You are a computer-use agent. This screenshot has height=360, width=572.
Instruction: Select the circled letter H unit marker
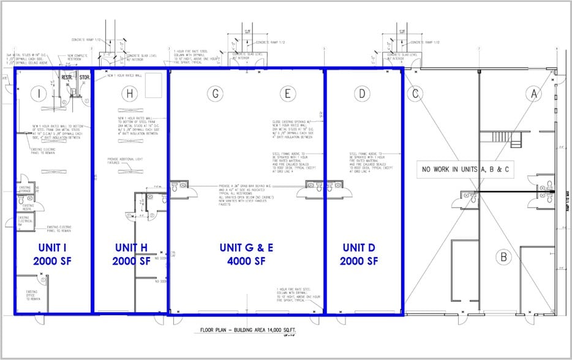coord(128,94)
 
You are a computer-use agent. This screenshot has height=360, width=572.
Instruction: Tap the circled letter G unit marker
coord(214,94)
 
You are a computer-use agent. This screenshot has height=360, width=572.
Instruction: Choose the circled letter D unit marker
coord(363,94)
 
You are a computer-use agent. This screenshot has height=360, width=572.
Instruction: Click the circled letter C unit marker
coord(416,94)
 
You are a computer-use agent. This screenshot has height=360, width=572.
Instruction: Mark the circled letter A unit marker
coord(534,94)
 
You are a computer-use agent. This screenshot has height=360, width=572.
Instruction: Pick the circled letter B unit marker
coord(503,257)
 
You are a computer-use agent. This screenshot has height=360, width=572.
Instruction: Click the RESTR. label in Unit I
coord(67,78)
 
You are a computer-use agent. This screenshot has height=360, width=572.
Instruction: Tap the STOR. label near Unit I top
coord(84,78)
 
